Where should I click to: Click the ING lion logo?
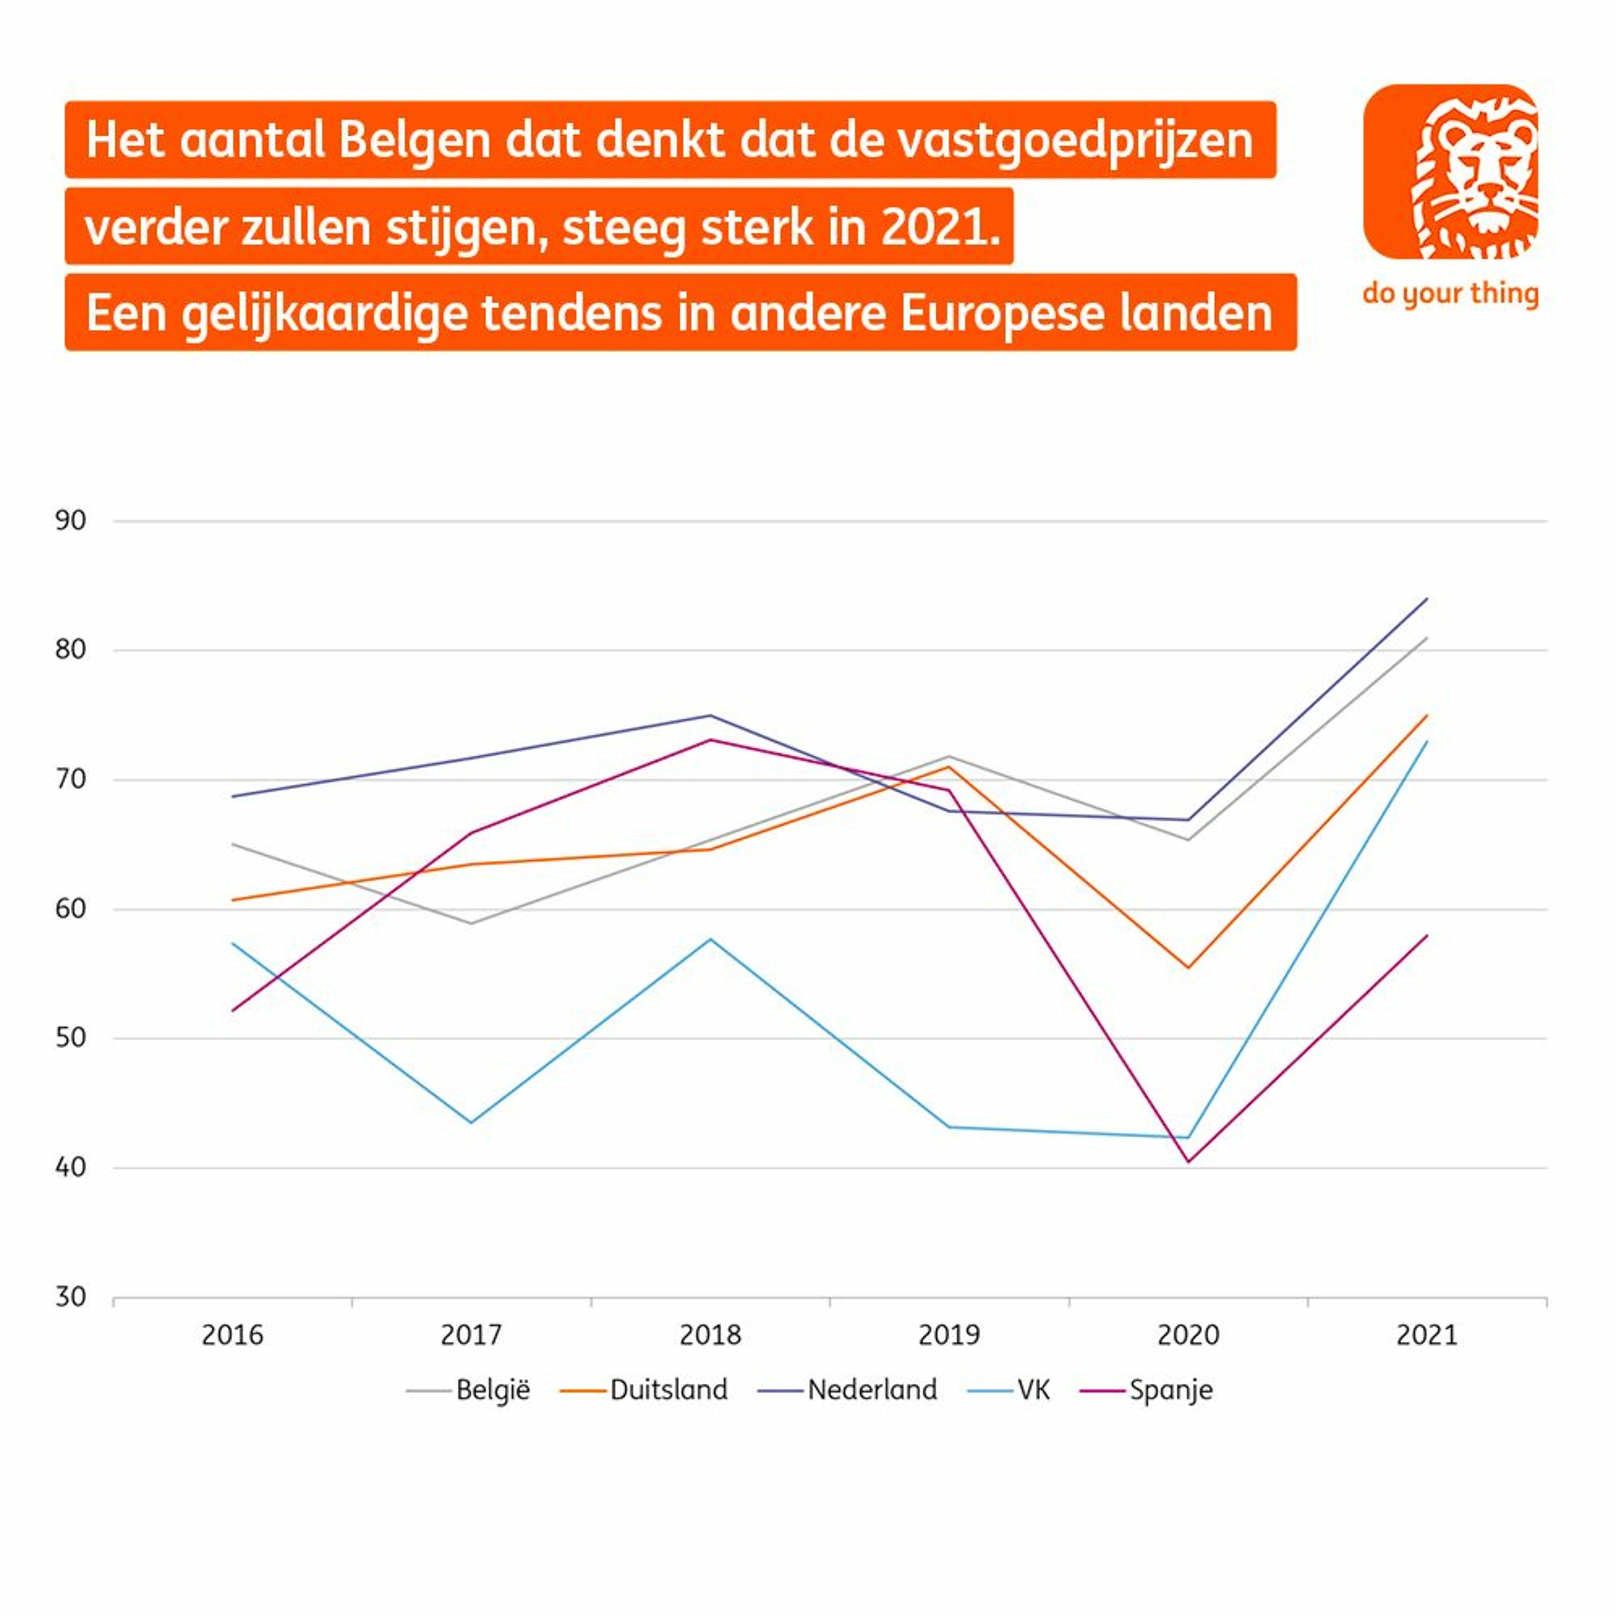click(x=1451, y=171)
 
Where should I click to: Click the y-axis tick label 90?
click(x=71, y=521)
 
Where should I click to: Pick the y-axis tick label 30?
click(x=71, y=1297)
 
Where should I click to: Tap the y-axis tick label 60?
click(x=71, y=909)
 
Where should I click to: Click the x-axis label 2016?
click(x=233, y=1335)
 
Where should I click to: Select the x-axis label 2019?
click(x=949, y=1335)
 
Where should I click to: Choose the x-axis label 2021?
click(x=1427, y=1335)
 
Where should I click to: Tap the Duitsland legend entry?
click(x=668, y=1390)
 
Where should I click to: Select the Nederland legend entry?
click(x=872, y=1390)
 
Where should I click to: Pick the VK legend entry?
click(x=1033, y=1390)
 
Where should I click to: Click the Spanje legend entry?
click(x=1170, y=1390)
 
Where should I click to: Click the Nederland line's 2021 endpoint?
click(x=1427, y=599)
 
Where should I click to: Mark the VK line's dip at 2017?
click(x=472, y=1123)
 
